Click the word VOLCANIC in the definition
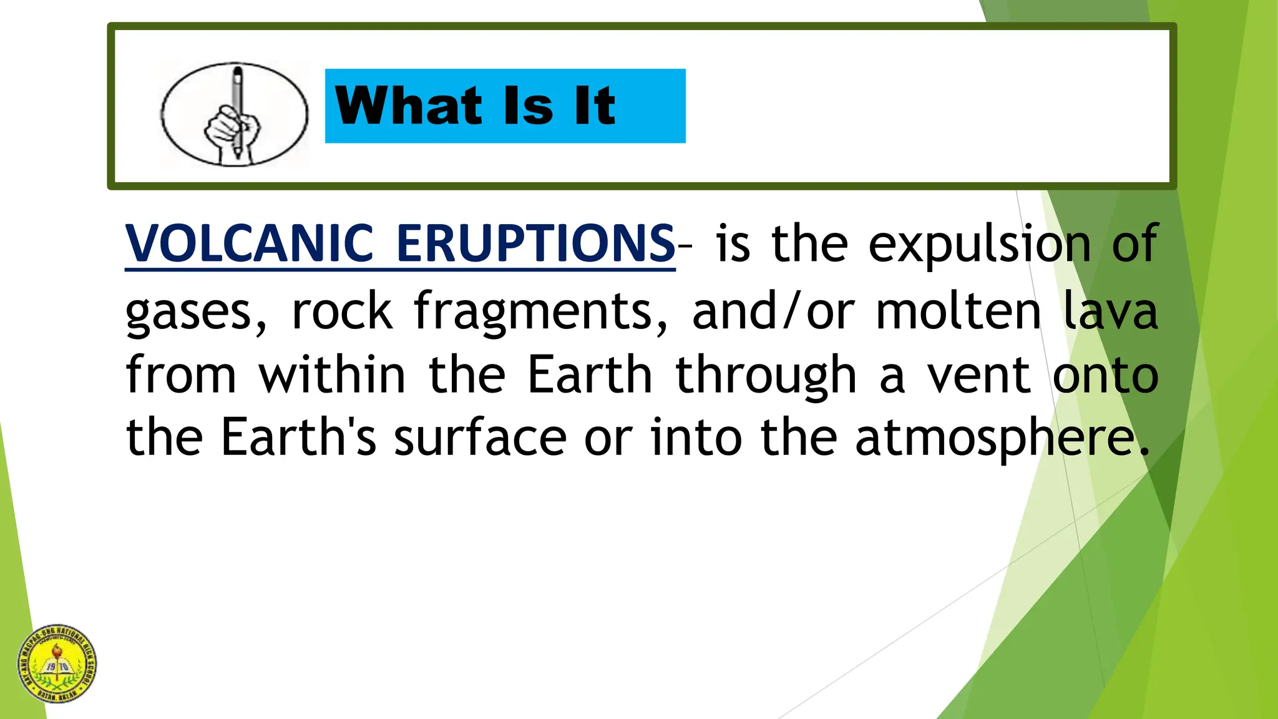coord(249,243)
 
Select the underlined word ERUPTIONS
coord(535,243)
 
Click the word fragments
coord(540,312)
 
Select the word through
coord(766,376)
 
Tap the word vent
coord(978,376)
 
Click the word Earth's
coord(298,438)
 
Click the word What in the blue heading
coord(408,106)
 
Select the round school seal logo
coord(57,663)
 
